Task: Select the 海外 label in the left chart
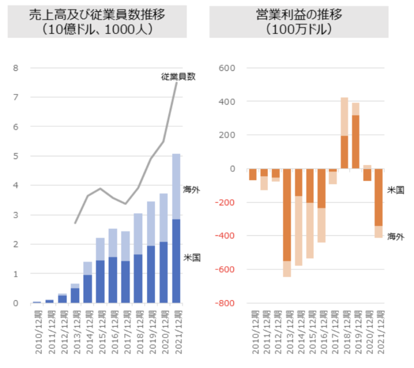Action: pyautogui.click(x=191, y=190)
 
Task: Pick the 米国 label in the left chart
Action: pyautogui.click(x=191, y=257)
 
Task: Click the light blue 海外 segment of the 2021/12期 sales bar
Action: pyautogui.click(x=176, y=186)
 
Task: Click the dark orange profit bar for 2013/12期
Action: pyautogui.click(x=287, y=214)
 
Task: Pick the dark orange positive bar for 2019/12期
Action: pyautogui.click(x=355, y=142)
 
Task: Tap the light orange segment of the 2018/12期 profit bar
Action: pyautogui.click(x=344, y=116)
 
